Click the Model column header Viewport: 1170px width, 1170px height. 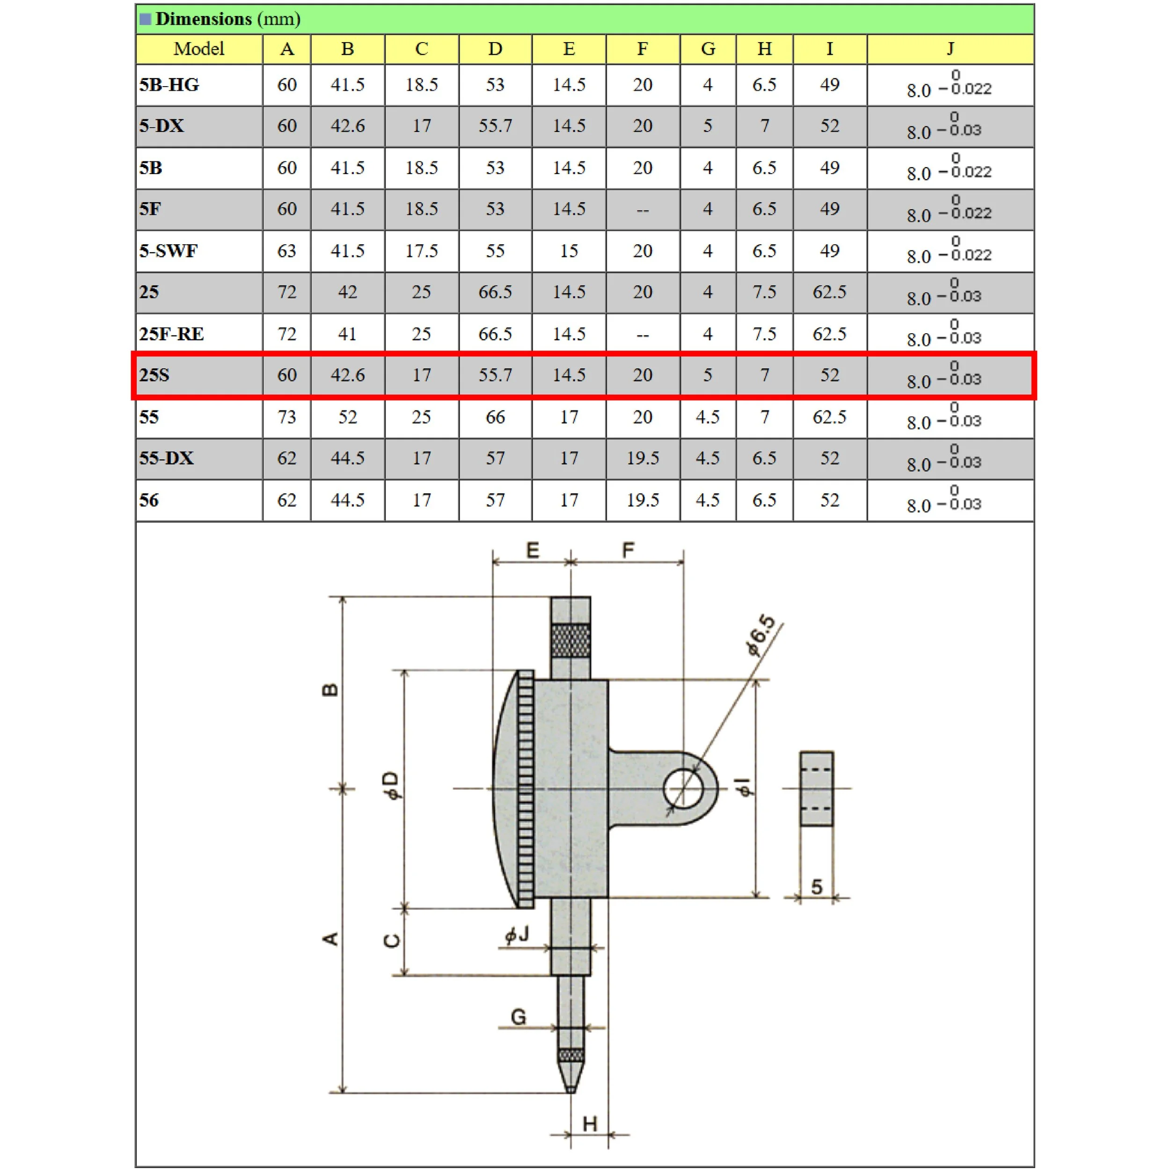[198, 49]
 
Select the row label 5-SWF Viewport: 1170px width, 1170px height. [168, 251]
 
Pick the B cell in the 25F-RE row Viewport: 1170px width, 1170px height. [347, 334]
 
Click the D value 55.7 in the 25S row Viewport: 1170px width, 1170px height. [495, 375]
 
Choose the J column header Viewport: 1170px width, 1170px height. [950, 49]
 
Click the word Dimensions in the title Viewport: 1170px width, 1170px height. [204, 19]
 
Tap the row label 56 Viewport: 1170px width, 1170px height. [149, 500]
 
